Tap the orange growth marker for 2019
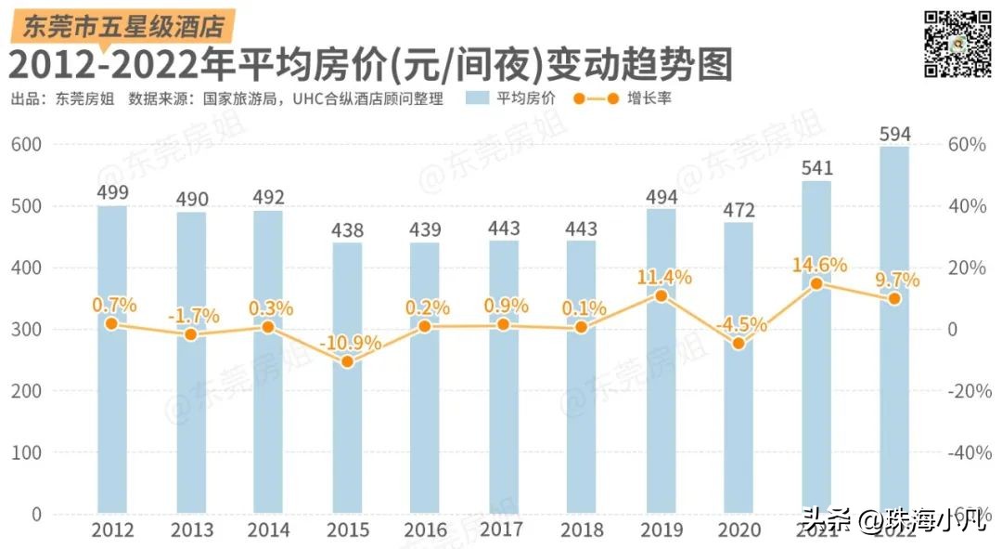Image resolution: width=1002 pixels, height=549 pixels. click(660, 295)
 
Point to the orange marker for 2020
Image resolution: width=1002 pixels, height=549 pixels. click(739, 344)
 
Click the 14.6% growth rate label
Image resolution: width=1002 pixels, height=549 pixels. click(819, 265)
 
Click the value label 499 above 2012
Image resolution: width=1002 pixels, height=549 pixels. click(111, 193)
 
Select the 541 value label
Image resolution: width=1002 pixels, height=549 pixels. click(816, 168)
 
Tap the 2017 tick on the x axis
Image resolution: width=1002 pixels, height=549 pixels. click(502, 530)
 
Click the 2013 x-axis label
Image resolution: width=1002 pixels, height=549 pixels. click(191, 530)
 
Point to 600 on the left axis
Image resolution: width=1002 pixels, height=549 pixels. click(27, 145)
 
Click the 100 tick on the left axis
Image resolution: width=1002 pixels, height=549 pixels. click(27, 452)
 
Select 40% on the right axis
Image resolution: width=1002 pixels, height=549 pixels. click(966, 206)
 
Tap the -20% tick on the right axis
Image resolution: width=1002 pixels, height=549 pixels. click(964, 391)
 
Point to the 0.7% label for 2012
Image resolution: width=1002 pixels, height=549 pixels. click(114, 305)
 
